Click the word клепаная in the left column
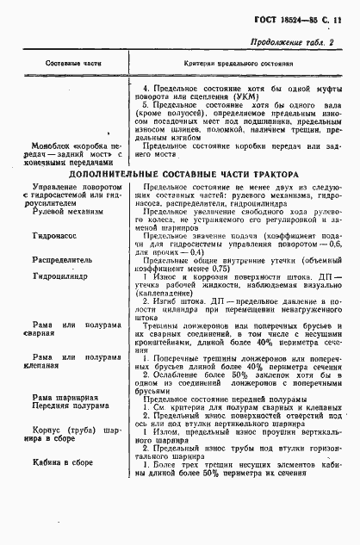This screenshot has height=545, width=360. [50, 366]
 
